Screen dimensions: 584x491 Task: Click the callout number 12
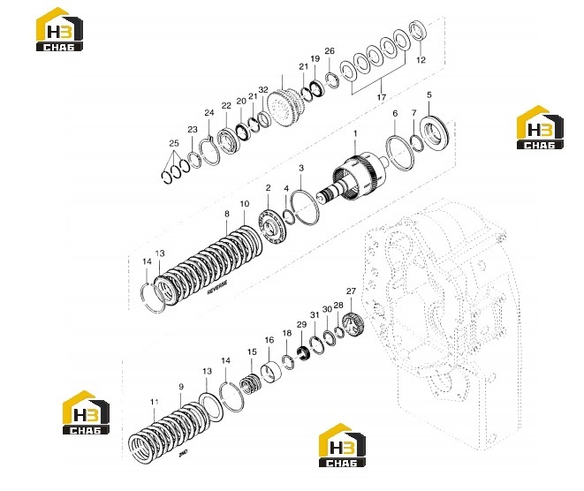[421, 59]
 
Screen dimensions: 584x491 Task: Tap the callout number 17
[381, 97]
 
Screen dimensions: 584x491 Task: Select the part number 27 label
[351, 291]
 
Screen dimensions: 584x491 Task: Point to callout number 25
[174, 143]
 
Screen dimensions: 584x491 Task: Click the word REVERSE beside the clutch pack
[217, 287]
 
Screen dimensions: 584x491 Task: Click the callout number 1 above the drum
[355, 133]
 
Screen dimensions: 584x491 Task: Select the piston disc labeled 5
[435, 132]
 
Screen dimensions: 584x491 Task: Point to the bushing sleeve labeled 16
[270, 373]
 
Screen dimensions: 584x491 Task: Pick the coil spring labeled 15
[250, 384]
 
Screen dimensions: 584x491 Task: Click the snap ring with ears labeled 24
[209, 151]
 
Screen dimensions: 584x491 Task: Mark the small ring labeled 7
[416, 144]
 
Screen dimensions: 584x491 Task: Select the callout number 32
[263, 90]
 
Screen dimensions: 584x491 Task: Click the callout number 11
[155, 402]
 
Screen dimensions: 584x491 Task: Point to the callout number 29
[301, 324]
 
